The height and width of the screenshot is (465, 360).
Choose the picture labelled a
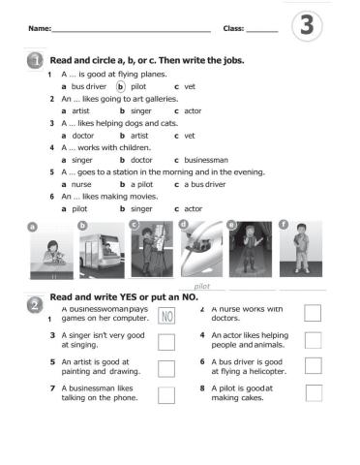[48, 250]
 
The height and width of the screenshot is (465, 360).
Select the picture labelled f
[300, 249]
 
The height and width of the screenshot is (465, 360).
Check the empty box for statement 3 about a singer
[165, 341]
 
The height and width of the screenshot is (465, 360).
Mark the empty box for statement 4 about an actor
[313, 340]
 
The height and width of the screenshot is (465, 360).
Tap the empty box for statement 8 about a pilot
[313, 392]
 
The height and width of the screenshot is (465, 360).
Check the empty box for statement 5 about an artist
[165, 367]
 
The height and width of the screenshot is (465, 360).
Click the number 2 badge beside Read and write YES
[35, 304]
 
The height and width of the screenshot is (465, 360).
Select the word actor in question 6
[193, 208]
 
